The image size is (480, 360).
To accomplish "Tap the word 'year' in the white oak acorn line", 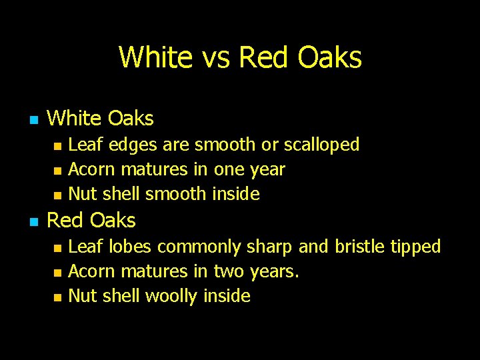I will pyautogui.click(x=267, y=170).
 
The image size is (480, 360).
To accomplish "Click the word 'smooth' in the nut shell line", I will pyautogui.click(x=176, y=195).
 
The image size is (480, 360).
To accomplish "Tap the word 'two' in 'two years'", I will pyautogui.click(x=228, y=271).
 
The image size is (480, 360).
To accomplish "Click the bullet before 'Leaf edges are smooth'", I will pyautogui.click(x=57, y=146).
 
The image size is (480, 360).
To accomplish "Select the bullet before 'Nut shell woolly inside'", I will pyautogui.click(x=57, y=297).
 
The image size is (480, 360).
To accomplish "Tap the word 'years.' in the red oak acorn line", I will pyautogui.click(x=275, y=272).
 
